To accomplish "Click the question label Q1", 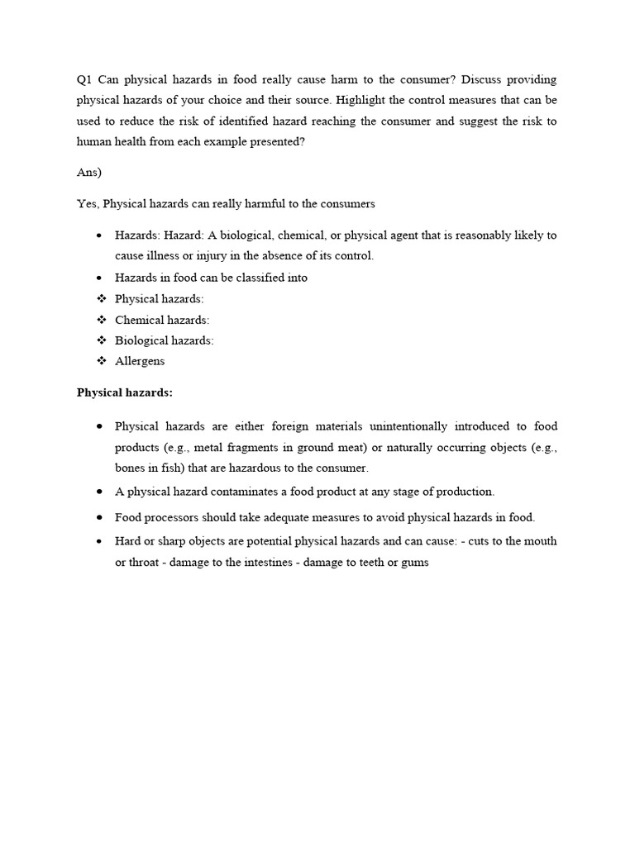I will pos(84,80).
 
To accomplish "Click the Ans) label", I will pos(89,172).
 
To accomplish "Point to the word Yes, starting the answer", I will pos(88,203).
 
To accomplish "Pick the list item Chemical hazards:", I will pos(162,320).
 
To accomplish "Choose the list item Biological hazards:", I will pos(165,340).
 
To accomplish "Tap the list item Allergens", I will pos(140,361).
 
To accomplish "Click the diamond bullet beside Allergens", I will pos(101,361).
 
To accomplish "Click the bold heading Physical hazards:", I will pos(125,393).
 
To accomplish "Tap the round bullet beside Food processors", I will pos(100,517).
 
